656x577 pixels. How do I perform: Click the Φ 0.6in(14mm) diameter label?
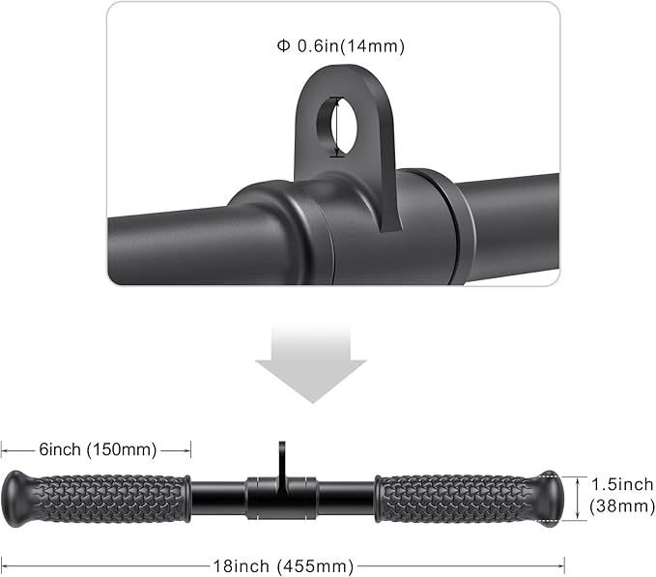point(337,44)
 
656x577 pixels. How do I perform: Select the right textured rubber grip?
point(459,497)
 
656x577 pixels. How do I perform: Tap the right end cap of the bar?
point(550,497)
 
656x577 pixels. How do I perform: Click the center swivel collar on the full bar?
point(281,497)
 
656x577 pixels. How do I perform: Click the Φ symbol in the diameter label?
point(281,44)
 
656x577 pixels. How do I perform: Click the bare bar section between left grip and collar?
point(217,497)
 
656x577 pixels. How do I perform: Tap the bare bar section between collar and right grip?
point(346,497)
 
